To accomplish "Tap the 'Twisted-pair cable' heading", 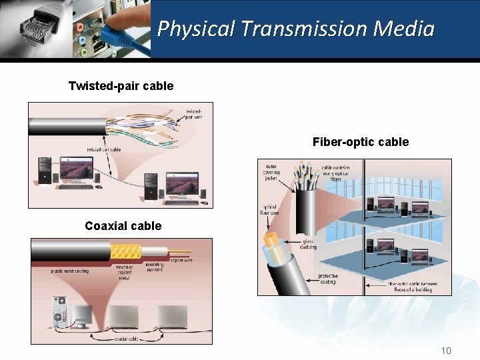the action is [x=121, y=86].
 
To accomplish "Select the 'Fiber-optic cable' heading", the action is [x=360, y=142].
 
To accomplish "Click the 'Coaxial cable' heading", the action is [x=123, y=226].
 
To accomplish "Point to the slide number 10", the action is [x=446, y=351].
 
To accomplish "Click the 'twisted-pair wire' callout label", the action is [x=194, y=114].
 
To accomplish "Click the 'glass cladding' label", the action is [x=308, y=244].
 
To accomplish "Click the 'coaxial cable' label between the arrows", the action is [x=125, y=338].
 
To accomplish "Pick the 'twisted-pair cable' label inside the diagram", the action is [x=103, y=149].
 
